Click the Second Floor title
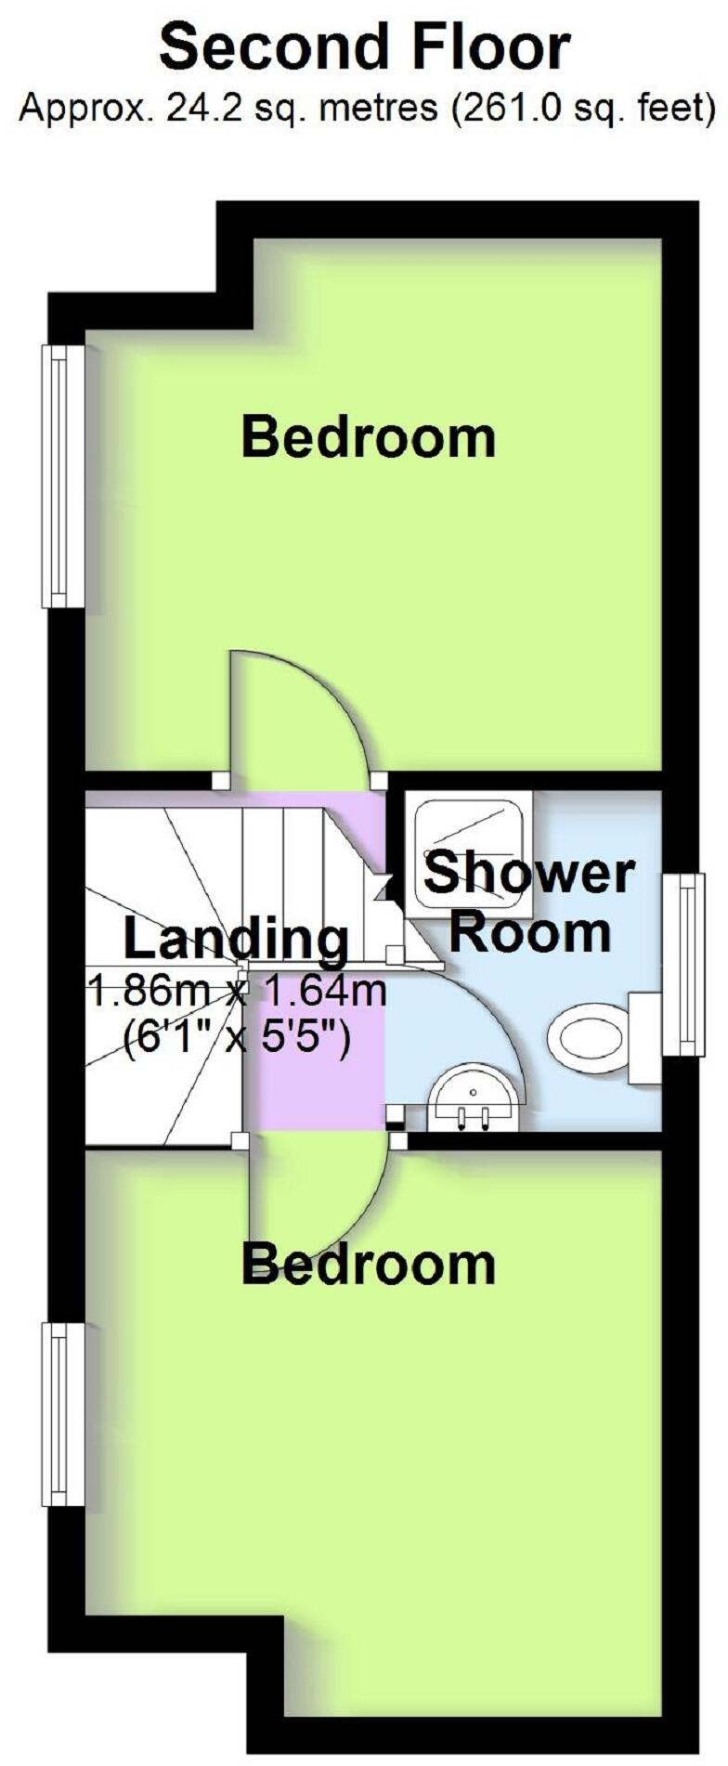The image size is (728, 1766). tap(364, 47)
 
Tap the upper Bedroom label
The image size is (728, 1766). tap(368, 437)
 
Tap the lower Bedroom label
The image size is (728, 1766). tap(368, 1265)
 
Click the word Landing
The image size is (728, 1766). tap(236, 939)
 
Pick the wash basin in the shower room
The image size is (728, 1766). tap(474, 1098)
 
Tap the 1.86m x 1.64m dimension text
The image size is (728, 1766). tap(236, 992)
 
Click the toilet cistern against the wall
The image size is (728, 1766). tap(644, 1038)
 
